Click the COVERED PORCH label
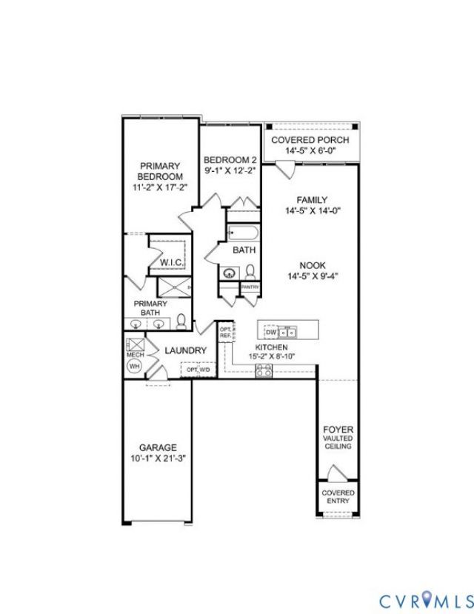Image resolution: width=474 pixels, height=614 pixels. click(310, 140)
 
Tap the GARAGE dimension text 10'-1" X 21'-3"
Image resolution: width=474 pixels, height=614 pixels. click(158, 458)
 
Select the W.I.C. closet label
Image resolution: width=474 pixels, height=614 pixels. click(172, 263)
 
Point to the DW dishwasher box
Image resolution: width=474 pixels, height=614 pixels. click(270, 333)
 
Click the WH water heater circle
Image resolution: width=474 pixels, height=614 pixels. click(134, 366)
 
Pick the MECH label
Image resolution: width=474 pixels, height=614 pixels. click(134, 356)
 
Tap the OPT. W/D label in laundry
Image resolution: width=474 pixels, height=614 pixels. click(198, 369)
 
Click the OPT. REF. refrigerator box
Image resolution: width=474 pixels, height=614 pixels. click(225, 332)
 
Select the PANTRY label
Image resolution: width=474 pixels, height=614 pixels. click(250, 287)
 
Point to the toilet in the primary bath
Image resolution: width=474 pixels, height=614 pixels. click(181, 320)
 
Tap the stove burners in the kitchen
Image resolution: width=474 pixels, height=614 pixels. click(264, 371)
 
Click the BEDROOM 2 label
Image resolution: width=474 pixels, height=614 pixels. click(230, 160)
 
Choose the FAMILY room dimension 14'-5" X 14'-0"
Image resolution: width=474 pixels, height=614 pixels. click(312, 210)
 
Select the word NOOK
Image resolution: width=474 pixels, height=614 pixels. click(312, 265)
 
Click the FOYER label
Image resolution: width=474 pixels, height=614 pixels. click(338, 430)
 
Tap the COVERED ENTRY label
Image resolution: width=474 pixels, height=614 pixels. click(338, 497)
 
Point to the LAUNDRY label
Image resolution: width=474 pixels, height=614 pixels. click(185, 350)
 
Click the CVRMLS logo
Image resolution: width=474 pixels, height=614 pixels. click(426, 600)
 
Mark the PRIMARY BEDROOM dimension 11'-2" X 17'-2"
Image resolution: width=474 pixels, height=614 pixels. click(159, 188)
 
